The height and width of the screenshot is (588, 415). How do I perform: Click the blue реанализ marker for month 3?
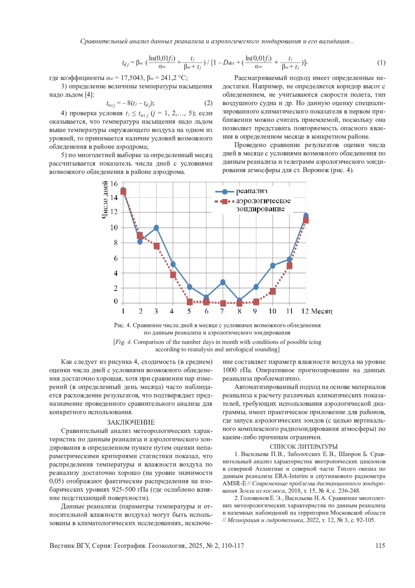(156, 228)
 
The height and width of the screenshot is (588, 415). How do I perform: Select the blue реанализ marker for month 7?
(223, 283)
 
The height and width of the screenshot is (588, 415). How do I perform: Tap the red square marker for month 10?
(273, 292)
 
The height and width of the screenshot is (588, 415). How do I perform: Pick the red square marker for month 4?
(173, 275)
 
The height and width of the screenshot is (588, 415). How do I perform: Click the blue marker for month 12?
(306, 216)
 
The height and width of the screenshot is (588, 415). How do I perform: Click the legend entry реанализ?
(251, 191)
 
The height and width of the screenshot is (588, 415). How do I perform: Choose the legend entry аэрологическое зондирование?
(263, 205)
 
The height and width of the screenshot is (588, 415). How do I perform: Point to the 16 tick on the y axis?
(114, 184)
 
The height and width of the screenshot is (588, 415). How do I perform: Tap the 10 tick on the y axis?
(114, 228)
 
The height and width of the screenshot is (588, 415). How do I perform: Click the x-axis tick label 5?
(189, 311)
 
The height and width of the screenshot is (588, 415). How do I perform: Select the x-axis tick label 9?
(255, 311)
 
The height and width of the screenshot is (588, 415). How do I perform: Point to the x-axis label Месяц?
(322, 311)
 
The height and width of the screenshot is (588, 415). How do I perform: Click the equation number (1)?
(381, 63)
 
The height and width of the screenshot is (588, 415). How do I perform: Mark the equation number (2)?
(208, 103)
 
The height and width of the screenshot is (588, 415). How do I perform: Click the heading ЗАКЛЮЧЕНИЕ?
(131, 422)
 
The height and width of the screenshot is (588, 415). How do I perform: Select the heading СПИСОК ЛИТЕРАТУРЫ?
(304, 447)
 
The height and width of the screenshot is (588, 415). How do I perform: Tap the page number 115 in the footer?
(380, 546)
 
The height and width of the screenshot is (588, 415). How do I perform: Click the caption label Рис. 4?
(122, 326)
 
